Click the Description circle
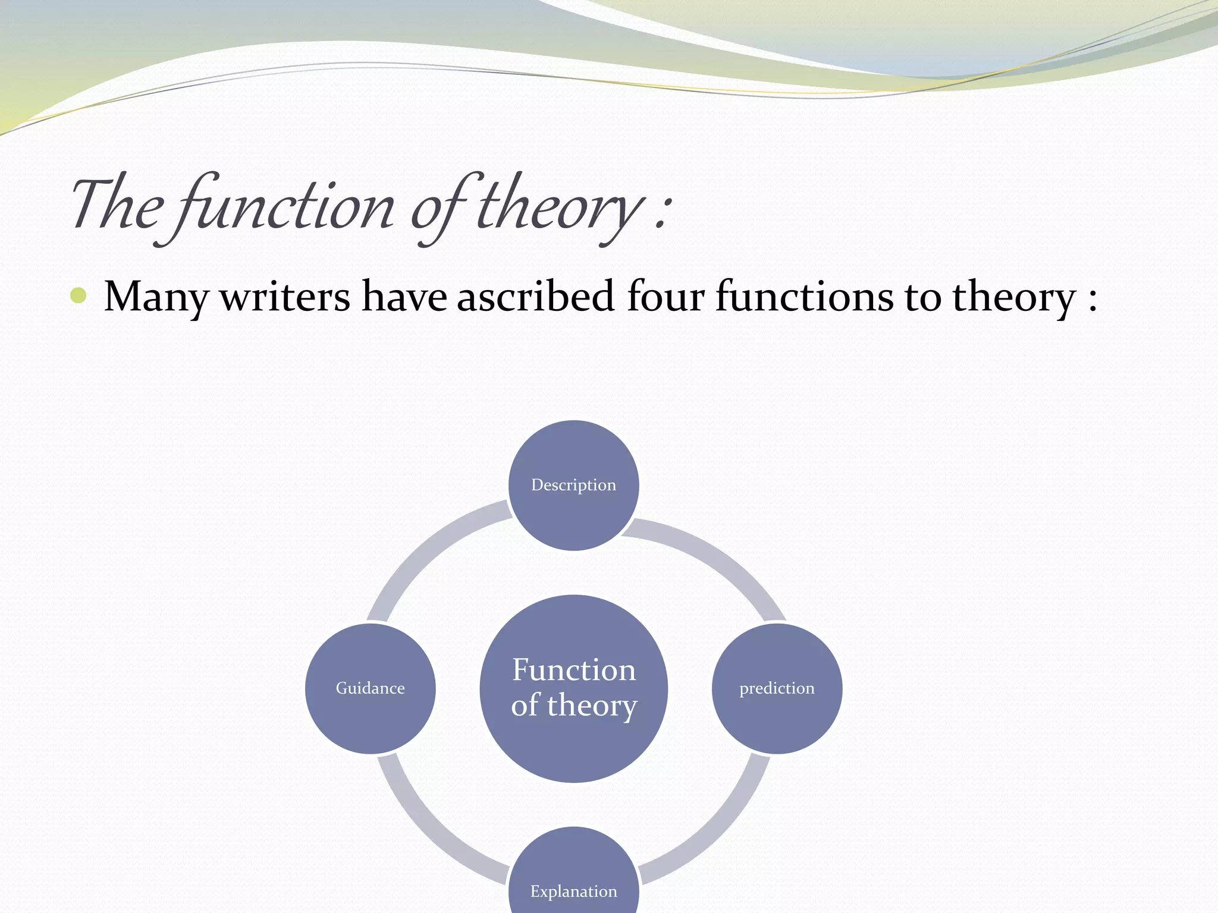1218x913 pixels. (573, 485)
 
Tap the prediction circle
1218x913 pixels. (777, 688)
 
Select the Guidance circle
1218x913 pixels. (370, 688)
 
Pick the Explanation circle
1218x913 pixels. (573, 874)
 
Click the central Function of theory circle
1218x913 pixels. (573, 688)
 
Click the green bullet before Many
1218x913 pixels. (79, 295)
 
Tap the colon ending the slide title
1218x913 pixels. (662, 211)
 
